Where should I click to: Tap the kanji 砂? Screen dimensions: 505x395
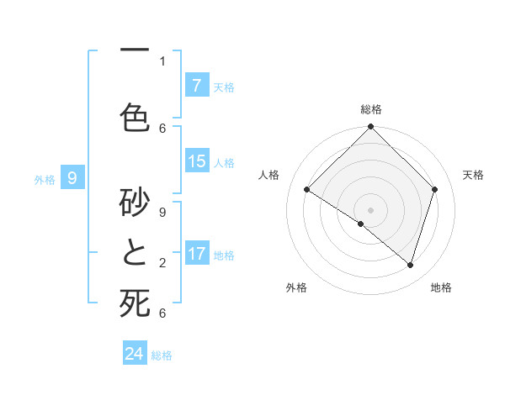point(135,200)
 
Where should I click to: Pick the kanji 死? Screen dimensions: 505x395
point(135,303)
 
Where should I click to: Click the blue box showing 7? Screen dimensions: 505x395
point(196,86)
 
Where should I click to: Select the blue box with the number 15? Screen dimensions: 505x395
point(196,161)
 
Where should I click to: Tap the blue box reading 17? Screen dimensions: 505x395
point(196,254)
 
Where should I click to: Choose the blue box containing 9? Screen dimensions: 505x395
point(72,177)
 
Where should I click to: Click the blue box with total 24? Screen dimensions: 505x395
point(134,354)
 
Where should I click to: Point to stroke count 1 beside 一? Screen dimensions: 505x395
point(162,61)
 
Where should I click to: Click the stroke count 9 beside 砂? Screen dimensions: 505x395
point(162,213)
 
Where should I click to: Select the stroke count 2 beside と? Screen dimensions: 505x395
point(162,263)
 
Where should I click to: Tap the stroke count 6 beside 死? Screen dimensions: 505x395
point(162,313)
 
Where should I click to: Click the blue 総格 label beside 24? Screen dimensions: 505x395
point(162,355)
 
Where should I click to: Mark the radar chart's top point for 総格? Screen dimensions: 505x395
point(370,127)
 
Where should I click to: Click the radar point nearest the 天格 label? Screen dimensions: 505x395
point(434,190)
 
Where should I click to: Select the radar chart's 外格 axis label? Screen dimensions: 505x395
point(296,287)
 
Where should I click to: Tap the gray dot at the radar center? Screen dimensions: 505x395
point(370,209)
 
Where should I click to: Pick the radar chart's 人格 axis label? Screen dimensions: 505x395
point(269,175)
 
